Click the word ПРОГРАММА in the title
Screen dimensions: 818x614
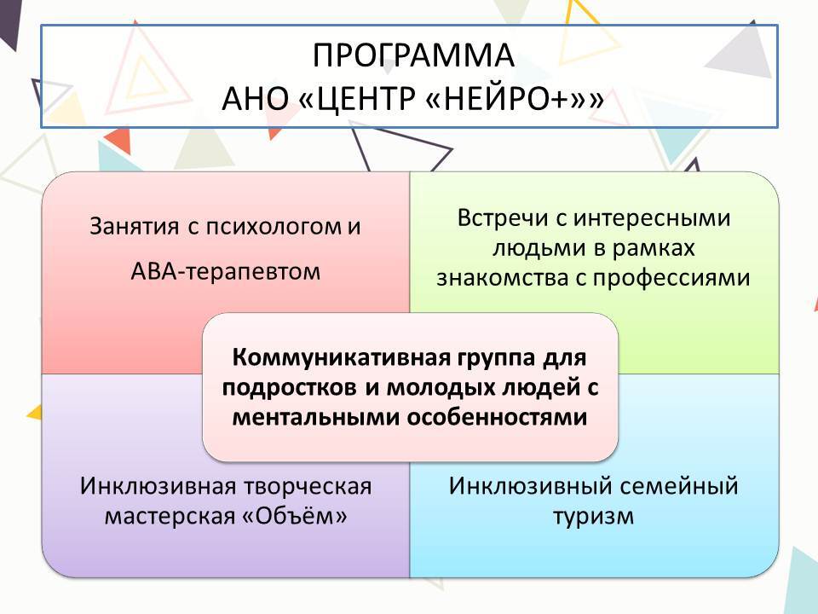[413, 55]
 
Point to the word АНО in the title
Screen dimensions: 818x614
[255, 98]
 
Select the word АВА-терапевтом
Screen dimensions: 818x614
[225, 271]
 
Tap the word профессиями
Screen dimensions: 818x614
[671, 278]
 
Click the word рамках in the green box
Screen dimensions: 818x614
[654, 248]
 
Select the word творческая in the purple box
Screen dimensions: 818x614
[308, 487]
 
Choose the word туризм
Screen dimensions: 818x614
[594, 517]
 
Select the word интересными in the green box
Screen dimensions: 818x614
[652, 219]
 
